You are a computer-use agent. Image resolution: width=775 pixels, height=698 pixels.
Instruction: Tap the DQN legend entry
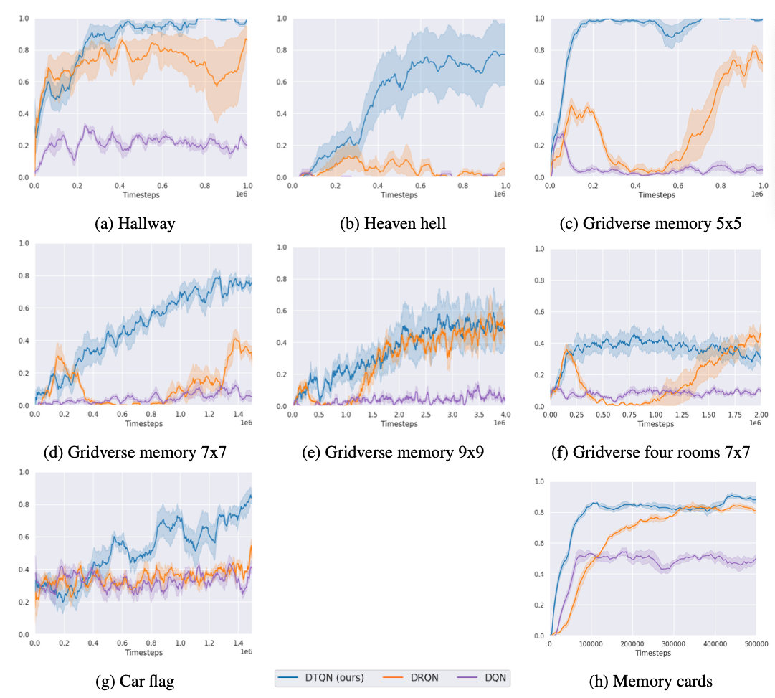pos(485,677)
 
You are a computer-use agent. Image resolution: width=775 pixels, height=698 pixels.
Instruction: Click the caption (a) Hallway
pos(135,224)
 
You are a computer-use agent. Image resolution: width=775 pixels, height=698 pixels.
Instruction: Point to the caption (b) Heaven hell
pos(393,224)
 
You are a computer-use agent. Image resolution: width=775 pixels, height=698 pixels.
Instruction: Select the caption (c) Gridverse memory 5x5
pos(650,224)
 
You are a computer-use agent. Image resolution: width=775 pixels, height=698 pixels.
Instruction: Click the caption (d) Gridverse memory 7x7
pos(135,453)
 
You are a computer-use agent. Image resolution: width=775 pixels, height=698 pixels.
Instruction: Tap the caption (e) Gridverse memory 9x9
pos(393,453)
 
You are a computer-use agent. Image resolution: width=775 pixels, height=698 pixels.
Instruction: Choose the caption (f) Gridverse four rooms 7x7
pos(650,453)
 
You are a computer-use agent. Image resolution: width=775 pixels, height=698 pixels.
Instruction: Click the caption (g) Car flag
pos(135,682)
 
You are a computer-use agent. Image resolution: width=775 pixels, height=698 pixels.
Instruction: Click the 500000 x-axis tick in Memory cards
pos(754,643)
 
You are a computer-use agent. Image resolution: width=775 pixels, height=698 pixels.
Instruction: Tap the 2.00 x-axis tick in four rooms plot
pos(760,415)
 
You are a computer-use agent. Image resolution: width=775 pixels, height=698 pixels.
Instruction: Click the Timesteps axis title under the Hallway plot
pos(141,194)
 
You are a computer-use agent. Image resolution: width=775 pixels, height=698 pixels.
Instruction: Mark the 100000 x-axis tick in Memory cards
pos(591,643)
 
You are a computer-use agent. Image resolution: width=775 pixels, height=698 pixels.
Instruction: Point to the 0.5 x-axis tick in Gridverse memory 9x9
pos(319,415)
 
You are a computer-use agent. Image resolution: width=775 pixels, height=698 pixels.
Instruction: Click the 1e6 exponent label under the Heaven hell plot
pos(499,194)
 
